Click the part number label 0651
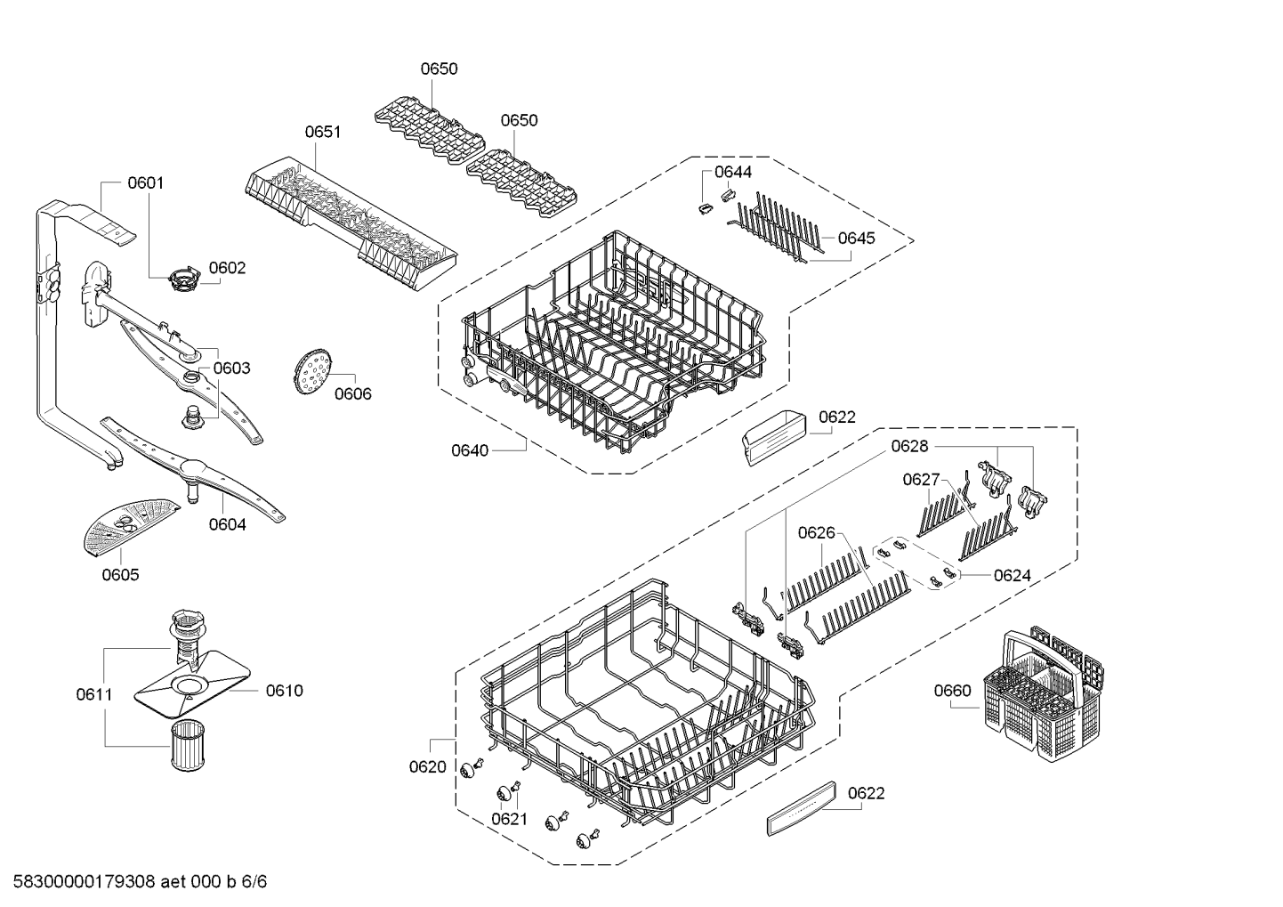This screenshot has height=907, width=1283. [x=322, y=132]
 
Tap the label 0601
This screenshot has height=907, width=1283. [x=146, y=182]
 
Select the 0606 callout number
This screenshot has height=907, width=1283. [x=353, y=393]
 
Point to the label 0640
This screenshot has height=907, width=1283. [x=470, y=451]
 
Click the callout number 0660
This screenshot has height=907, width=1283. [x=953, y=691]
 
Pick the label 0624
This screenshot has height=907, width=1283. [x=1013, y=575]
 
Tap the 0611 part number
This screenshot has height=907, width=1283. [x=94, y=694]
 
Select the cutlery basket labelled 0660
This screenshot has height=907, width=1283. [x=1044, y=694]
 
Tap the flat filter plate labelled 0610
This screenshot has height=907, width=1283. [x=192, y=684]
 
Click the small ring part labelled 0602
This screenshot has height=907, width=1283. [x=184, y=279]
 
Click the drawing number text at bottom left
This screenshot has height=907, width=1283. [x=140, y=881]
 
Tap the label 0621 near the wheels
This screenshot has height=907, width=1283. [x=509, y=820]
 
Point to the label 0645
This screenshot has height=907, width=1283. [x=856, y=238]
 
